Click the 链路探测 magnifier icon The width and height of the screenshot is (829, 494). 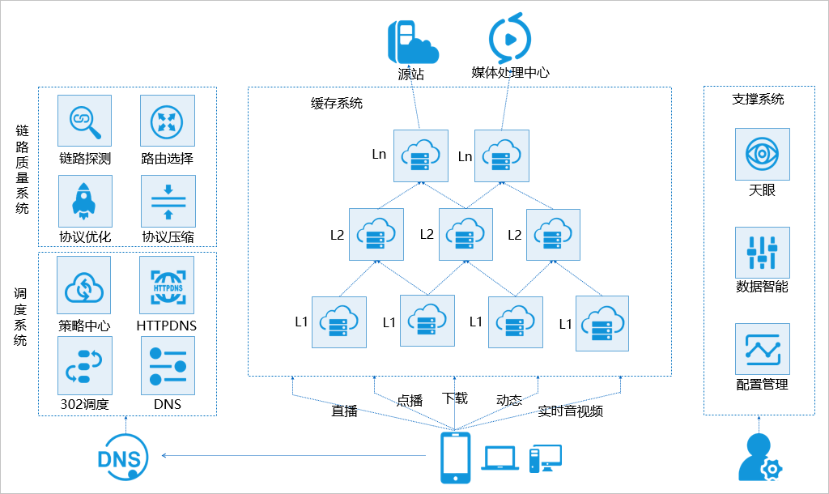[84, 121]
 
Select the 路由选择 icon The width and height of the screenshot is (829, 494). [168, 121]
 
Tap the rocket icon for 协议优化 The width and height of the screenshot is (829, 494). [84, 201]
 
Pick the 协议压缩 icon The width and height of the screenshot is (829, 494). [168, 201]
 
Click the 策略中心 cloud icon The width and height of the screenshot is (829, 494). [84, 285]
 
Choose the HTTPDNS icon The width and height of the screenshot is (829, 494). [167, 285]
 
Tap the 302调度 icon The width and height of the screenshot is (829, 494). [84, 364]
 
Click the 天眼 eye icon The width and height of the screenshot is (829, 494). [762, 154]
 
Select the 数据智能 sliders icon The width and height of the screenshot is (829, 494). [762, 253]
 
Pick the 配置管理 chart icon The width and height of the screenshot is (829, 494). [762, 350]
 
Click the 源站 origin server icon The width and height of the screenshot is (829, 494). [412, 41]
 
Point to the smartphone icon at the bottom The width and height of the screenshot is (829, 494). [455, 458]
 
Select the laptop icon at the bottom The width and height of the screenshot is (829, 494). [500, 458]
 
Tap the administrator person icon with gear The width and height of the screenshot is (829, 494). [760, 458]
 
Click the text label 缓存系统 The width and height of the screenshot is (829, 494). [337, 103]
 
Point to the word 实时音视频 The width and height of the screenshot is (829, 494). [571, 411]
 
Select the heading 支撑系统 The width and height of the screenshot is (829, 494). [758, 99]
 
